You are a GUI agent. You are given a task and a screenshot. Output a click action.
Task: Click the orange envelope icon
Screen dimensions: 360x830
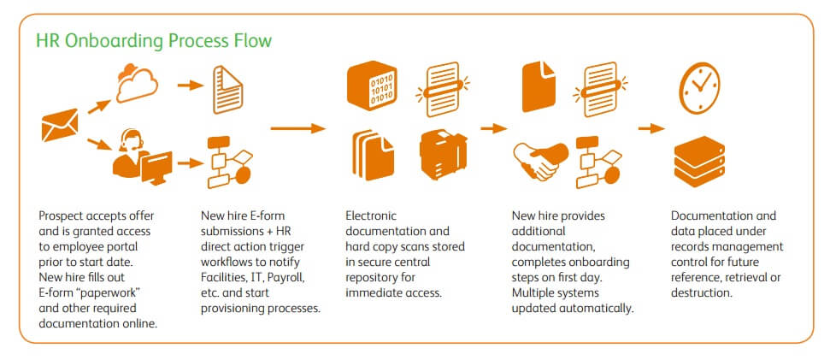click(60, 127)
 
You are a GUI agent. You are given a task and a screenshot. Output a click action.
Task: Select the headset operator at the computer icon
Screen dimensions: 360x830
click(140, 154)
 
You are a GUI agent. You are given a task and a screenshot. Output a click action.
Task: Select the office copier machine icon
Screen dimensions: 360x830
click(444, 156)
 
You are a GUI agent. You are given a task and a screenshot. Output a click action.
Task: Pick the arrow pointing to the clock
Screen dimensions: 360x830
click(651, 128)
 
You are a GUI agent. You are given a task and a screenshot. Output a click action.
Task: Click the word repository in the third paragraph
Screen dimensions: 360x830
click(375, 278)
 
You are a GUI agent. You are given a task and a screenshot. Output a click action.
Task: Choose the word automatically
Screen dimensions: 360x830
click(598, 309)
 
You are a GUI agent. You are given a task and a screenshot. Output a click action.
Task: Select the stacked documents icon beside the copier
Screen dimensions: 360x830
click(371, 156)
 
